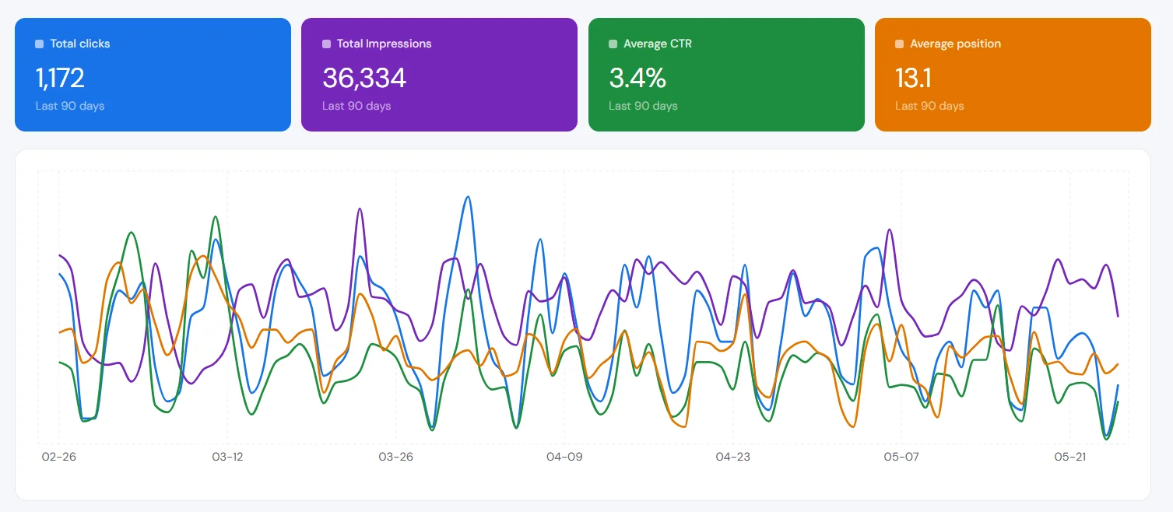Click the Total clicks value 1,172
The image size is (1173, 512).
(60, 78)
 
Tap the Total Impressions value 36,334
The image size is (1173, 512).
(364, 78)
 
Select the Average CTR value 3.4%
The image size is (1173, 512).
(637, 78)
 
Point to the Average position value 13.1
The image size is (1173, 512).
(913, 78)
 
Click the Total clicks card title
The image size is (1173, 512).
(80, 44)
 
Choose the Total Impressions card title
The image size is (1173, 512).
(384, 44)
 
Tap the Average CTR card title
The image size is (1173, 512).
(658, 44)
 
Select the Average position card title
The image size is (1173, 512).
(955, 44)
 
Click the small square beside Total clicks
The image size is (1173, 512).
(39, 44)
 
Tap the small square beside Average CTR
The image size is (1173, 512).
(613, 44)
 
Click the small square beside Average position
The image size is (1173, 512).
(899, 44)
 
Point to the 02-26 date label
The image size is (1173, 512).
(58, 457)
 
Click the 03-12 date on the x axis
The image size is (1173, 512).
(227, 457)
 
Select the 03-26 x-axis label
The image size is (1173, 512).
(396, 457)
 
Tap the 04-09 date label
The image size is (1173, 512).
(564, 457)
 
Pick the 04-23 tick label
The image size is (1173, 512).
(732, 457)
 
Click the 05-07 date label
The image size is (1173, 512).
(901, 457)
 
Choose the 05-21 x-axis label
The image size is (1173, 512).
(1069, 457)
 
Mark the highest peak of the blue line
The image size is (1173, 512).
(468, 197)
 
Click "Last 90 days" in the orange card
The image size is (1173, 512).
(929, 106)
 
